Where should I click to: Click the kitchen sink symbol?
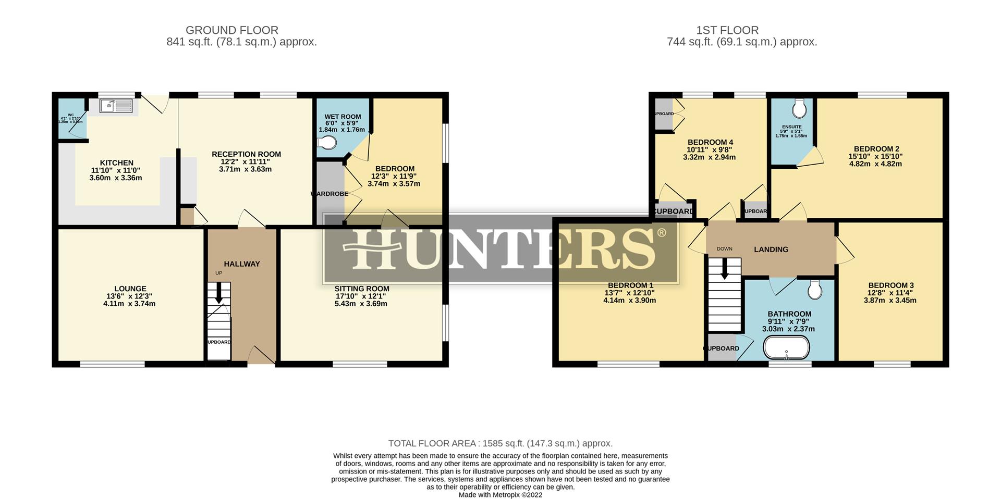click(116, 106)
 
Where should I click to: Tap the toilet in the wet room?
click(326, 143)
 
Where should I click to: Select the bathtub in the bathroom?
click(786, 347)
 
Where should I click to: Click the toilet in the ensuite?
click(799, 109)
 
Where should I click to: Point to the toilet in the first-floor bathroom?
click(814, 290)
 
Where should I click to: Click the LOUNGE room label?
click(130, 289)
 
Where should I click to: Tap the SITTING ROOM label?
click(362, 289)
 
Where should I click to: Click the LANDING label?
click(771, 250)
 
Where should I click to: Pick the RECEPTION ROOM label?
click(246, 154)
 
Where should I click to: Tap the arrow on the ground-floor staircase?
click(218, 293)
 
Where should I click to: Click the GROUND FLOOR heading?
click(231, 30)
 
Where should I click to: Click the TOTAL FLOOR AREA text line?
click(500, 443)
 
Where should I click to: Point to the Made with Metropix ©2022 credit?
click(500, 495)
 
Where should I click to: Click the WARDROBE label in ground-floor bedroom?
click(329, 194)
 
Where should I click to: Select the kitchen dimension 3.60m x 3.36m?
click(115, 178)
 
